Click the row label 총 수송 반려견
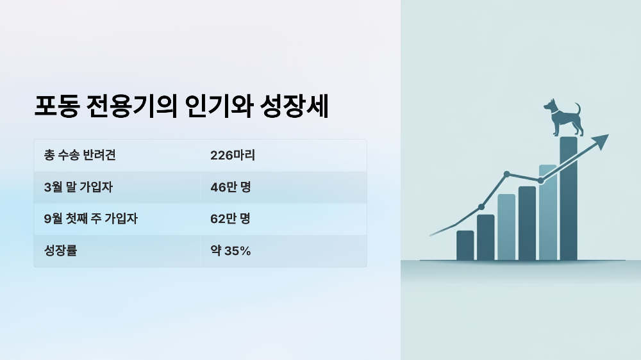pyautogui.click(x=80, y=156)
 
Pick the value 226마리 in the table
pyautogui.click(x=233, y=156)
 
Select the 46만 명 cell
pyautogui.click(x=230, y=187)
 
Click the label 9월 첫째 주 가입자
pyautogui.click(x=91, y=219)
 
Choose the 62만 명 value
pyautogui.click(x=230, y=219)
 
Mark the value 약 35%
pyautogui.click(x=230, y=251)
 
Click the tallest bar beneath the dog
pyautogui.click(x=569, y=199)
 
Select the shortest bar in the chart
pyautogui.click(x=465, y=245)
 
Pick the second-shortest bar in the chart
pyautogui.click(x=486, y=237)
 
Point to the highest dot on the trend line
pyautogui.click(x=506, y=174)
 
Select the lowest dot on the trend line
pyautogui.click(x=481, y=207)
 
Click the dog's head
pyautogui.click(x=551, y=106)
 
